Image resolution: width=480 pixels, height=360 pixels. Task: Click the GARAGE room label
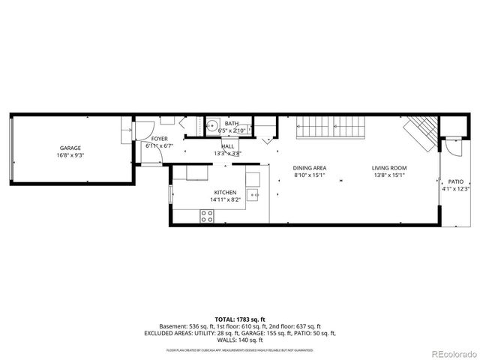70,148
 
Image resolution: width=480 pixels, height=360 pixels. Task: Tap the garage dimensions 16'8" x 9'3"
70,156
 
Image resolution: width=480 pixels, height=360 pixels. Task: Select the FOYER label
160,139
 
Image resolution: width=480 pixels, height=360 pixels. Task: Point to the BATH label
232,123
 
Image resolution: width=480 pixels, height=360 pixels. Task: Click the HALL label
227,146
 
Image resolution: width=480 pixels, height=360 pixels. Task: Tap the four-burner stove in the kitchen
206,216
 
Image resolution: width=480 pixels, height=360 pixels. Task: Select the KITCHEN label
225,193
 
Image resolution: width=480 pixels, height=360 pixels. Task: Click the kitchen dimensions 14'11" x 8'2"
225,200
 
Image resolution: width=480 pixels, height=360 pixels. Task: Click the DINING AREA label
308,168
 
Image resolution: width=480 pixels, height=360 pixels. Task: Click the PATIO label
456,181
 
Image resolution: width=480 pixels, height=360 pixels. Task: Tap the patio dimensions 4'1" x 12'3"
456,189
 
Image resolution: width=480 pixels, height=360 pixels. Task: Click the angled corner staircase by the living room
419,134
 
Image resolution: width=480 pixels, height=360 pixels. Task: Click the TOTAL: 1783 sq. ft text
240,319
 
